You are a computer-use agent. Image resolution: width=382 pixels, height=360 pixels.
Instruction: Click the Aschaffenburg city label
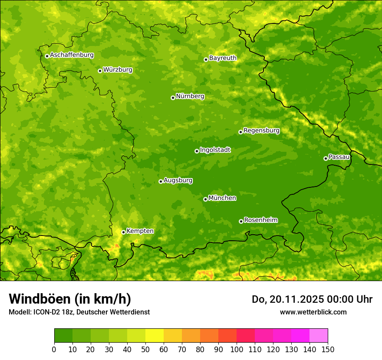point(72,55)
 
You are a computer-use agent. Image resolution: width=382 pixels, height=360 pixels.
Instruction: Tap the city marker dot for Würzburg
point(100,71)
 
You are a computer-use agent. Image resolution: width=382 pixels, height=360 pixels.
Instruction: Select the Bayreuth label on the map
point(223,58)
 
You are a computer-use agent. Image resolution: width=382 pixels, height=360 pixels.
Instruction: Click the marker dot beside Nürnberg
point(173,98)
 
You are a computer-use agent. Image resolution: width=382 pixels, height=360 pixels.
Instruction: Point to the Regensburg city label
point(261,131)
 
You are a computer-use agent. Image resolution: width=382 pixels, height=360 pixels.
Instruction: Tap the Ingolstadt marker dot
point(197,151)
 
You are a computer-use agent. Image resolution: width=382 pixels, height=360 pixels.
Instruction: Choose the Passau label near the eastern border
point(339,157)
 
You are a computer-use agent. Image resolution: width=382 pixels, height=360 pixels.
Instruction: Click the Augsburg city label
point(178,180)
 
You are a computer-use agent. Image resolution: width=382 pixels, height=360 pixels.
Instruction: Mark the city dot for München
point(205,199)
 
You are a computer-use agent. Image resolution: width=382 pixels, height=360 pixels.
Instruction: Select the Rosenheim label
point(260,220)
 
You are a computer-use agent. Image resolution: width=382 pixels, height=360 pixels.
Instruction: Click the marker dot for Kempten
point(123,232)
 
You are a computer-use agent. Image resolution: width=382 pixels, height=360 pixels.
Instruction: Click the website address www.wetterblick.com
point(313,312)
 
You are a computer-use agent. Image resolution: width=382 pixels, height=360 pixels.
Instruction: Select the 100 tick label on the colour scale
point(237,349)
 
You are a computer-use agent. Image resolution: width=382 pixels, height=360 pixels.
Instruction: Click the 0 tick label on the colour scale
point(54,349)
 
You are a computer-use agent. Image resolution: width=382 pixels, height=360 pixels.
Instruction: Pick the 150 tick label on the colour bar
point(328,349)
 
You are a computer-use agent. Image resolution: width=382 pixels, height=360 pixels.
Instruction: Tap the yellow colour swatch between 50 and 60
point(155,336)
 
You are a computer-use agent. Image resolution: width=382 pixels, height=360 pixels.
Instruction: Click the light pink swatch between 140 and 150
point(319,336)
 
